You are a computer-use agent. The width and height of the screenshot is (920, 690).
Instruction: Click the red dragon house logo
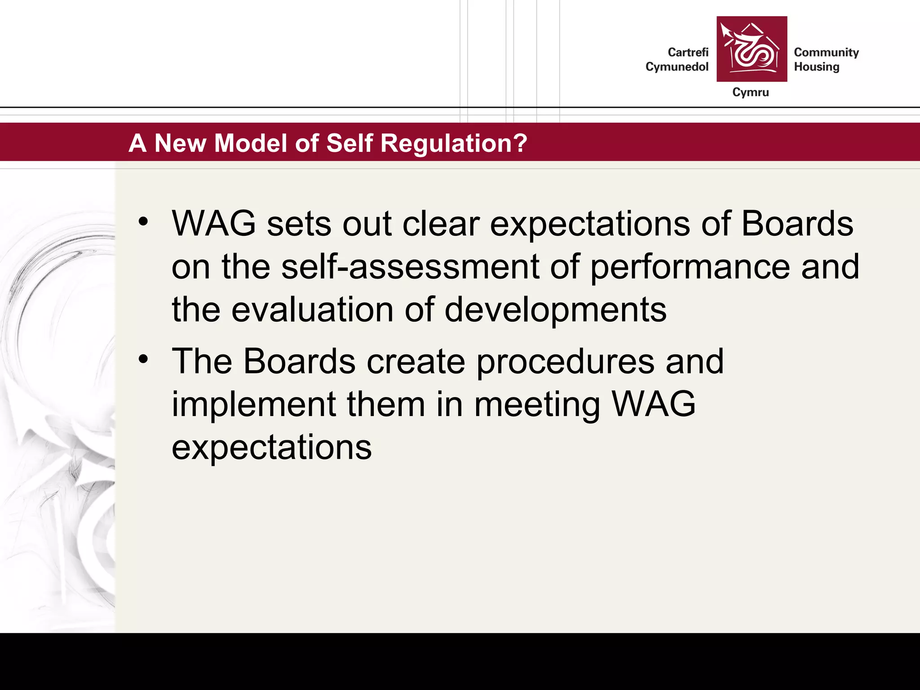point(752,49)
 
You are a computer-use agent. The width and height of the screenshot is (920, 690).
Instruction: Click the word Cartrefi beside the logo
point(688,53)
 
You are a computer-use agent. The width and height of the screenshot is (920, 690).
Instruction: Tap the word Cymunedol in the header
point(677,67)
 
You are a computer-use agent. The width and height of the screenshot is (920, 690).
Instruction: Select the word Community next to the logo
point(826,53)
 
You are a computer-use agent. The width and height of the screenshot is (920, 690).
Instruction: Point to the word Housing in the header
point(816,67)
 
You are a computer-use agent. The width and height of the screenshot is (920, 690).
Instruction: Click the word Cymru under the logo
point(750,92)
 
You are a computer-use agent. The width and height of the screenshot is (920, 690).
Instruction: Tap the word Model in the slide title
point(251,143)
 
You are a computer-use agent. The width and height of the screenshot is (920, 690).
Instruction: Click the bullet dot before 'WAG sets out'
point(143,221)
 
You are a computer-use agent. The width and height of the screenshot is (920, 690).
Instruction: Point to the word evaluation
point(312,310)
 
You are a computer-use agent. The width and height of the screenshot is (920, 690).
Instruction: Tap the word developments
point(555,310)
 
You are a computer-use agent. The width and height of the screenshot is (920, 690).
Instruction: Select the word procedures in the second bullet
point(565,362)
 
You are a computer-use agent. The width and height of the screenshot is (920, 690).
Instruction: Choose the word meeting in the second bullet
point(537,405)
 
